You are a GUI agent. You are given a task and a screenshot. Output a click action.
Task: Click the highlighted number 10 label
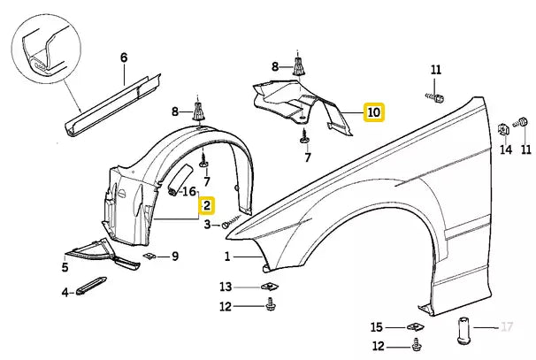[373, 112]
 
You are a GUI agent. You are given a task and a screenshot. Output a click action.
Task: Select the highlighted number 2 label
[206, 206]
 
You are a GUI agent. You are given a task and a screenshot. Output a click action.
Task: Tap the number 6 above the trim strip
[124, 57]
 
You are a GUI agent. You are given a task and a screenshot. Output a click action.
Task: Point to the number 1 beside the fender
[226, 257]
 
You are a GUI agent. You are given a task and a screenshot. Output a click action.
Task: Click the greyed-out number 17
[507, 328]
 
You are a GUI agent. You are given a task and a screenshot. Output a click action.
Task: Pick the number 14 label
[506, 150]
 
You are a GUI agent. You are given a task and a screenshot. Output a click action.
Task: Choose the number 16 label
[189, 191]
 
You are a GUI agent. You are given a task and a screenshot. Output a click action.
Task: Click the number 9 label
[175, 257]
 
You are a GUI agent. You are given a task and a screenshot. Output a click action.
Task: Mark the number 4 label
[65, 292]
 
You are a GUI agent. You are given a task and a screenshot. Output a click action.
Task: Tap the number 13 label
[226, 287]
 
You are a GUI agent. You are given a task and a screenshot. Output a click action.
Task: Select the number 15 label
[376, 326]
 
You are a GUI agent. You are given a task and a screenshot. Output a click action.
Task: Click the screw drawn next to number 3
[234, 222]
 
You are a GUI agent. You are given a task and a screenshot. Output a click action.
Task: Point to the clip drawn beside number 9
[152, 257]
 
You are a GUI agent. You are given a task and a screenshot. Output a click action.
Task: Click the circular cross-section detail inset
[42, 51]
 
